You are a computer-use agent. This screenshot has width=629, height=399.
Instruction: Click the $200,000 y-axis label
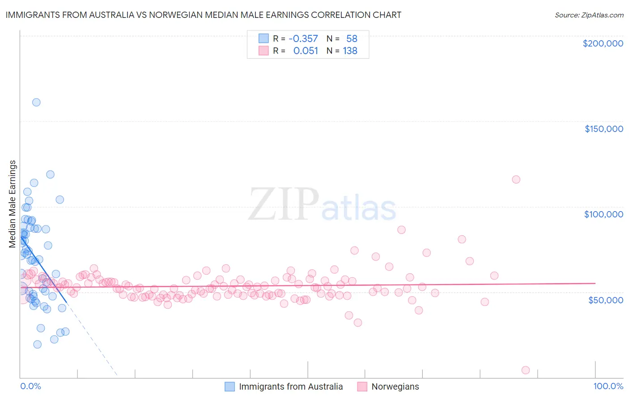(x=603, y=43)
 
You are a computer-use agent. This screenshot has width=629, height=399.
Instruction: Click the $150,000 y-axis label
(x=603, y=129)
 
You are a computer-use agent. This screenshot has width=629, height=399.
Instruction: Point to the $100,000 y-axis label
(x=603, y=214)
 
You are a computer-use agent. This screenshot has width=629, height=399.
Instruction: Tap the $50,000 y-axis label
(x=605, y=300)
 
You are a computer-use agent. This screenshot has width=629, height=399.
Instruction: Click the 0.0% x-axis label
(x=30, y=386)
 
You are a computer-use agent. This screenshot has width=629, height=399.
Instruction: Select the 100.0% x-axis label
(x=608, y=386)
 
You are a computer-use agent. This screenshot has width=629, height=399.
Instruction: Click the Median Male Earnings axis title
(x=13, y=204)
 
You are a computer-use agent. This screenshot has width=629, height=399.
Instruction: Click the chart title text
(x=204, y=15)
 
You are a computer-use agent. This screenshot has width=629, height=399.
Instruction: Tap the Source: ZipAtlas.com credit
(x=589, y=15)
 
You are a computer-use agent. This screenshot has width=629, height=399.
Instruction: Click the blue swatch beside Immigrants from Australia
(x=229, y=386)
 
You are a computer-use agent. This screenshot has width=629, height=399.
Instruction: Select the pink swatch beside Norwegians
(x=362, y=386)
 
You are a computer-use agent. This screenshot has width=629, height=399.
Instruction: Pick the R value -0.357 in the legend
(x=303, y=39)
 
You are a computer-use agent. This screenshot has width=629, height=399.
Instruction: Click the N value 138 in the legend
(x=350, y=51)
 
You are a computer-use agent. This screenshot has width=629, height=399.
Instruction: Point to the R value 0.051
(x=306, y=51)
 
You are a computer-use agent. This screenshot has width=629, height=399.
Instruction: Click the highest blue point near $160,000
(x=36, y=102)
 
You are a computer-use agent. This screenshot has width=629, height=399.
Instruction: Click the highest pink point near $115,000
(x=516, y=179)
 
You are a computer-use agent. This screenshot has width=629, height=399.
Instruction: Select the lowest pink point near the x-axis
(x=526, y=370)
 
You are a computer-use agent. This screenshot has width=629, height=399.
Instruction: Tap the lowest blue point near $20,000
(x=37, y=344)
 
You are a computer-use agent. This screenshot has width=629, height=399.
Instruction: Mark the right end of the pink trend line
(x=595, y=283)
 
